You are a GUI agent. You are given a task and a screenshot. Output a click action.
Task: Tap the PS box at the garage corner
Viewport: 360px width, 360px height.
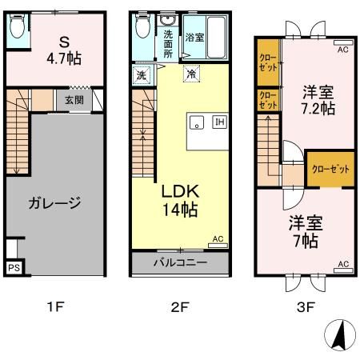13,269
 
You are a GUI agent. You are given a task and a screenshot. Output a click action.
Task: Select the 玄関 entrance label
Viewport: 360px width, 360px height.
74,100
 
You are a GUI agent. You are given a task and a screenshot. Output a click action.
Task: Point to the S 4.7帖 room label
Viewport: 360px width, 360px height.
63,50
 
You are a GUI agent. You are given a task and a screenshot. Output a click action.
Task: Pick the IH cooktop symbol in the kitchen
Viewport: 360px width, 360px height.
218,122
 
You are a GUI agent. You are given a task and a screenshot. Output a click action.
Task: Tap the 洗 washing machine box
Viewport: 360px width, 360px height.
141,74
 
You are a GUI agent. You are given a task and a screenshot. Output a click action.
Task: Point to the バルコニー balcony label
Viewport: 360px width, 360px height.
182,262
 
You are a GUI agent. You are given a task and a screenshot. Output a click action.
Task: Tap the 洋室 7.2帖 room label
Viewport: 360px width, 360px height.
317,100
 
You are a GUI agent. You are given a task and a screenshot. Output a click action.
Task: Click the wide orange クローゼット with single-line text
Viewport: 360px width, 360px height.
330,169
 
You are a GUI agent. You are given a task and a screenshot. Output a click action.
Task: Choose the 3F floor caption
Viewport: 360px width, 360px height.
306,305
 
